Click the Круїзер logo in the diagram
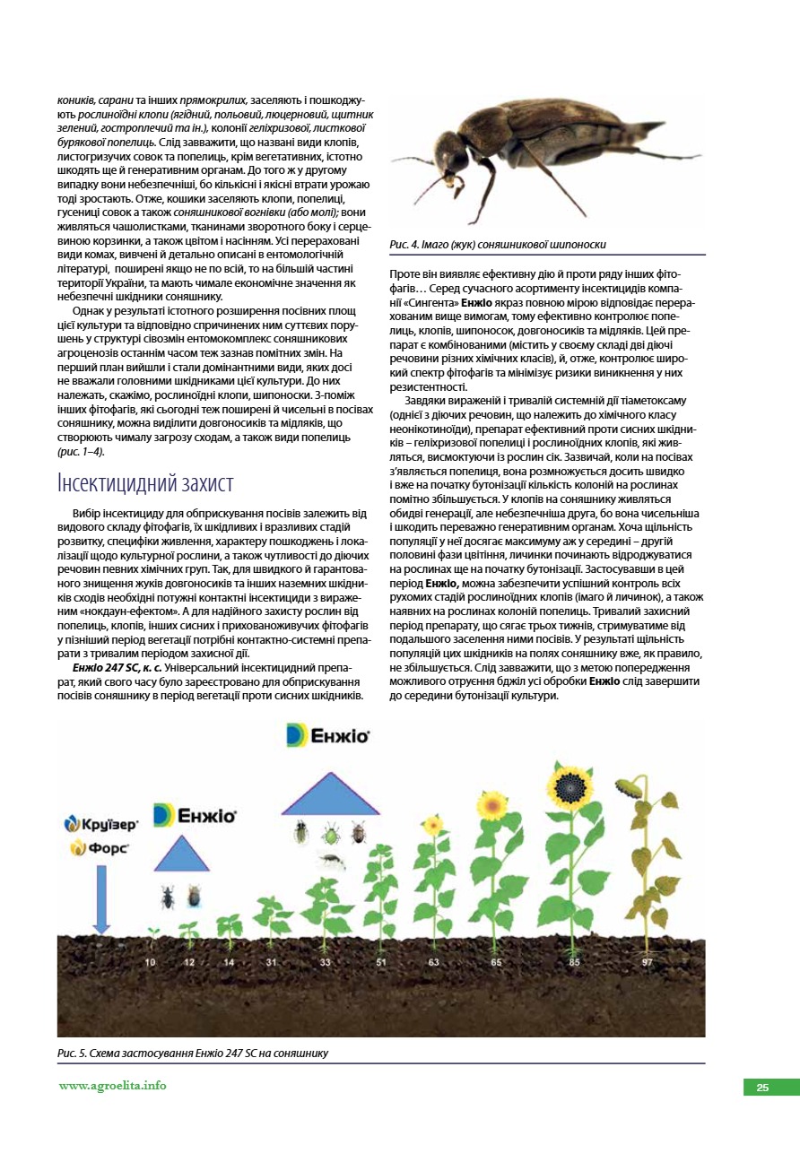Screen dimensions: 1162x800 (100, 823)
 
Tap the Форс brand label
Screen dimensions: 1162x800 (100, 847)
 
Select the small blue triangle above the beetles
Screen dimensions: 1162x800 (181, 855)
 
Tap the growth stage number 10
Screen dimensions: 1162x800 (150, 962)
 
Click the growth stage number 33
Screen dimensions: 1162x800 (325, 962)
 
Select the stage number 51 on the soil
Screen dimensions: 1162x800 (381, 962)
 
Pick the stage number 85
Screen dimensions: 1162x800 (574, 962)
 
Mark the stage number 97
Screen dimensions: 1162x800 (647, 962)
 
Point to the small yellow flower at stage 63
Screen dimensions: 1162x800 (432, 824)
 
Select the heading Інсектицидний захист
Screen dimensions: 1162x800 (144, 483)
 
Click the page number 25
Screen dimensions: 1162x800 (762, 1088)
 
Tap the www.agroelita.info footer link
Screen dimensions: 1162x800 (113, 1086)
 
